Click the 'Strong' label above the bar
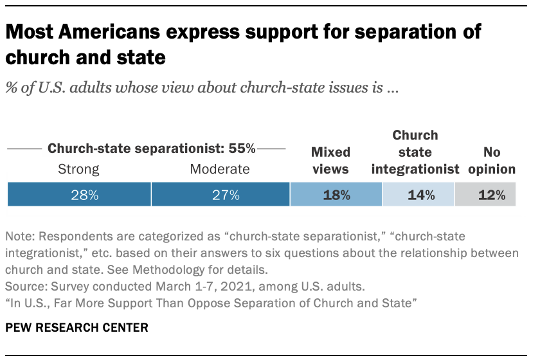click(79, 170)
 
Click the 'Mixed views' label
click(330, 161)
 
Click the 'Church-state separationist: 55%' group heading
click(152, 148)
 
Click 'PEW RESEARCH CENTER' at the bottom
click(76, 327)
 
